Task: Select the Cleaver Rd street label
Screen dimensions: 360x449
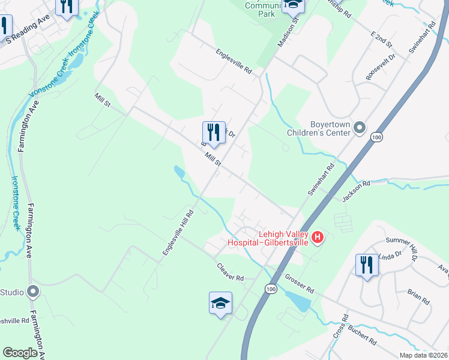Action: click(231, 274)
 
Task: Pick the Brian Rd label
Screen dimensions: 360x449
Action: click(418, 296)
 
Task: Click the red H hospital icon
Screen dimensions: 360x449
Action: click(318, 238)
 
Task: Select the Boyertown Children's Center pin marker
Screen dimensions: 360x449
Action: click(360, 127)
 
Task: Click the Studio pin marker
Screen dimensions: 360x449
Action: click(33, 292)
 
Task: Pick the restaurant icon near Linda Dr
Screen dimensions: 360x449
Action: click(366, 265)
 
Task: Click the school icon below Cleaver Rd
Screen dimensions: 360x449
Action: click(220, 303)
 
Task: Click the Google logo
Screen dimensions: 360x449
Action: click(20, 353)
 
